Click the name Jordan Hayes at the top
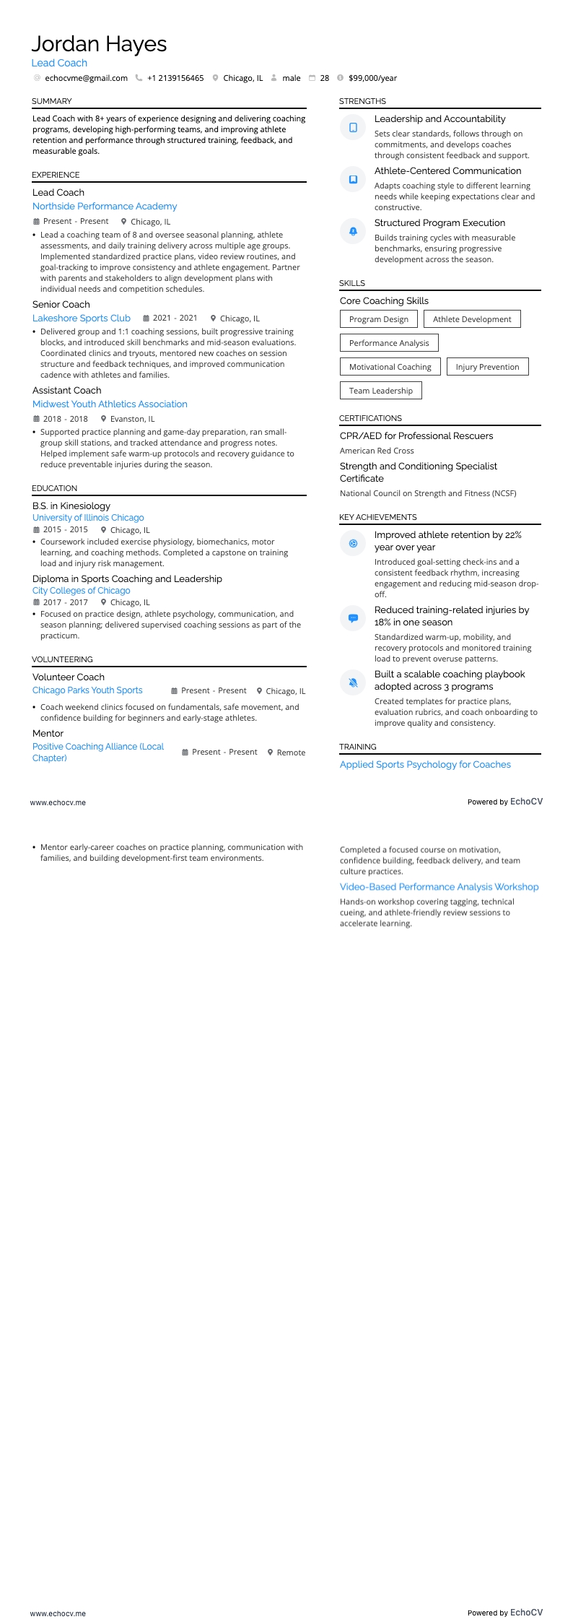click(x=99, y=44)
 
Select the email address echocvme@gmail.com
click(x=86, y=78)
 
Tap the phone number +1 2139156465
click(x=175, y=78)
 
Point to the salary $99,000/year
click(x=372, y=78)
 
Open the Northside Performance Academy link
click(x=105, y=207)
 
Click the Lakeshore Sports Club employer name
click(x=82, y=318)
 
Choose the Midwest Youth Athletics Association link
click(x=110, y=404)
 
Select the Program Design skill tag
click(x=379, y=319)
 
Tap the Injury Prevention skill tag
click(x=487, y=367)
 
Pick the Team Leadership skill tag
click(x=381, y=391)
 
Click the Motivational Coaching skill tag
click(x=390, y=367)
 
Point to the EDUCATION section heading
click(x=55, y=488)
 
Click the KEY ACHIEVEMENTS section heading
click(x=378, y=517)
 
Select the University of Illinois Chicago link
click(x=88, y=518)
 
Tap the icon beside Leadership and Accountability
click(x=353, y=128)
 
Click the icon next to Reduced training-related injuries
click(x=353, y=618)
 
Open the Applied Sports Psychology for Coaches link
click(x=425, y=765)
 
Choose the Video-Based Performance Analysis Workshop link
click(x=439, y=887)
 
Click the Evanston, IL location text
click(x=132, y=419)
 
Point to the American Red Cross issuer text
click(x=377, y=451)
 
